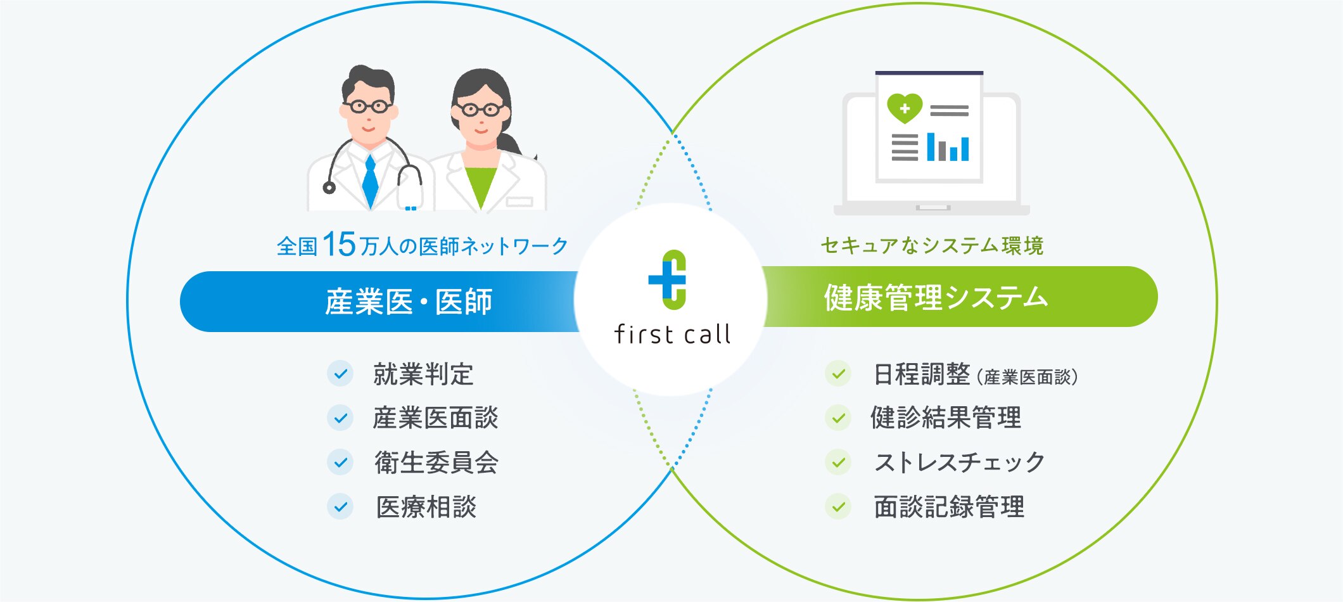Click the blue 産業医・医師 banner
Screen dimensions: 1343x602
coord(380,302)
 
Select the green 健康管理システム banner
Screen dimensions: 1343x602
coord(960,297)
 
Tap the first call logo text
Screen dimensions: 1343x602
coord(672,334)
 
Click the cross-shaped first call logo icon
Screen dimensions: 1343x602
coord(668,279)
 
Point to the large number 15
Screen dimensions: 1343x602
coord(340,244)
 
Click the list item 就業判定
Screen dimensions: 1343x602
coord(423,374)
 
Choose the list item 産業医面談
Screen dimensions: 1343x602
coord(436,418)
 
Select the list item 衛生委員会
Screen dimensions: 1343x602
coord(436,462)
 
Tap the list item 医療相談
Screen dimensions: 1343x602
coord(426,507)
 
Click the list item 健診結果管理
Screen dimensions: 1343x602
coord(946,418)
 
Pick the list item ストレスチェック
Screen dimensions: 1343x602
coord(959,462)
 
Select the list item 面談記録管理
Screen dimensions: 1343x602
coord(949,507)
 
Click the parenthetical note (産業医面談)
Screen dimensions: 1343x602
coord(1028,377)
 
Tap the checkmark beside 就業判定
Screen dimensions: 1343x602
coord(340,374)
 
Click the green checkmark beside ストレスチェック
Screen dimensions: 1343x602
coord(838,462)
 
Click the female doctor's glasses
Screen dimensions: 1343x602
coord(481,110)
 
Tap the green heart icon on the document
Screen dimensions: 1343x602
coord(905,108)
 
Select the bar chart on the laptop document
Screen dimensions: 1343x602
coord(948,147)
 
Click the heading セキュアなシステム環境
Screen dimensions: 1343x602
coord(932,245)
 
